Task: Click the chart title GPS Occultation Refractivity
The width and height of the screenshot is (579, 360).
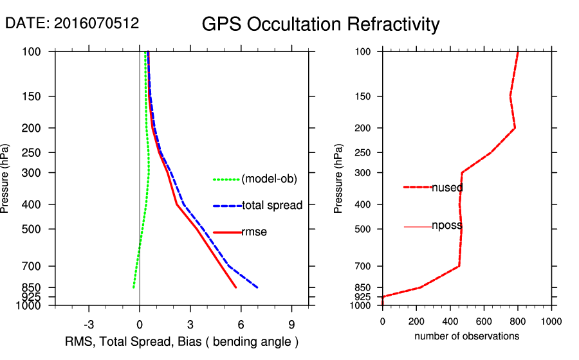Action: click(320, 24)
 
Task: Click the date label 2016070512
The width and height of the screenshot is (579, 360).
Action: click(72, 23)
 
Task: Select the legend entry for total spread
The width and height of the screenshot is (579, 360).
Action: click(272, 206)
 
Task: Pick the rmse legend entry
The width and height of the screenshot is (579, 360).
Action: click(254, 232)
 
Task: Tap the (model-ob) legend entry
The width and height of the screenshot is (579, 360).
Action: click(269, 179)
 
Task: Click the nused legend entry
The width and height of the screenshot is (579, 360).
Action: click(447, 187)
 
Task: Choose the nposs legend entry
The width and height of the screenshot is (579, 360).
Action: click(447, 226)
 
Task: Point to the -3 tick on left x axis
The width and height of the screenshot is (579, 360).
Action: click(89, 324)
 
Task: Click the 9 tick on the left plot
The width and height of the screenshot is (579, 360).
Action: click(292, 324)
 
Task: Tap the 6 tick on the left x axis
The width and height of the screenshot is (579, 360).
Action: click(241, 324)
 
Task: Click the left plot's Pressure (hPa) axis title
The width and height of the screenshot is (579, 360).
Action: click(6, 179)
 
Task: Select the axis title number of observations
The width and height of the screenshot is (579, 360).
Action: click(467, 336)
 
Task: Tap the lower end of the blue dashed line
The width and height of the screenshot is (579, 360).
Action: click(257, 287)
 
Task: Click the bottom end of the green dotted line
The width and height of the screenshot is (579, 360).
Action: click(134, 287)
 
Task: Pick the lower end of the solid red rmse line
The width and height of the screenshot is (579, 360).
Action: click(236, 287)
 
